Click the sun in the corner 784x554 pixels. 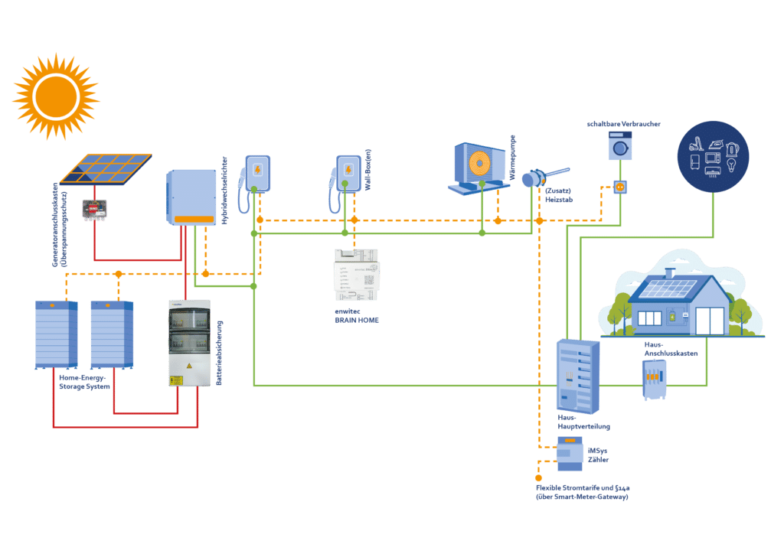(x=56, y=96)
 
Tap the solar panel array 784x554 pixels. (x=106, y=169)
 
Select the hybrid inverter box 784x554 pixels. (x=191, y=197)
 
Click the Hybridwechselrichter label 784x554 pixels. (x=224, y=191)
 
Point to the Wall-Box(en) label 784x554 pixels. (x=367, y=170)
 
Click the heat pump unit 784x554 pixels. (x=479, y=168)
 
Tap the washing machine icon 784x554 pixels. (x=620, y=145)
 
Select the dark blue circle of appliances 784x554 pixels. (x=713, y=156)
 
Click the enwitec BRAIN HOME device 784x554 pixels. (x=357, y=275)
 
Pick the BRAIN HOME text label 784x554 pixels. (x=357, y=320)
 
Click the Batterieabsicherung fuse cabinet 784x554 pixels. (x=190, y=344)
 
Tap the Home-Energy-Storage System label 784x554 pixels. (x=84, y=382)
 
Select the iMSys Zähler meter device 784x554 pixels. (x=570, y=454)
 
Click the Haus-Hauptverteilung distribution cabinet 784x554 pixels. (x=578, y=376)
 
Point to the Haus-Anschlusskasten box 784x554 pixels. (x=654, y=380)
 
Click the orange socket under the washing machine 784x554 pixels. (x=620, y=187)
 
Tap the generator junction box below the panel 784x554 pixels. (x=94, y=210)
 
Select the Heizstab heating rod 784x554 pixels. (x=545, y=177)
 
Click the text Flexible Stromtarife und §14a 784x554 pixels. (x=583, y=487)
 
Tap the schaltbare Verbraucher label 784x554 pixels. (x=623, y=124)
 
